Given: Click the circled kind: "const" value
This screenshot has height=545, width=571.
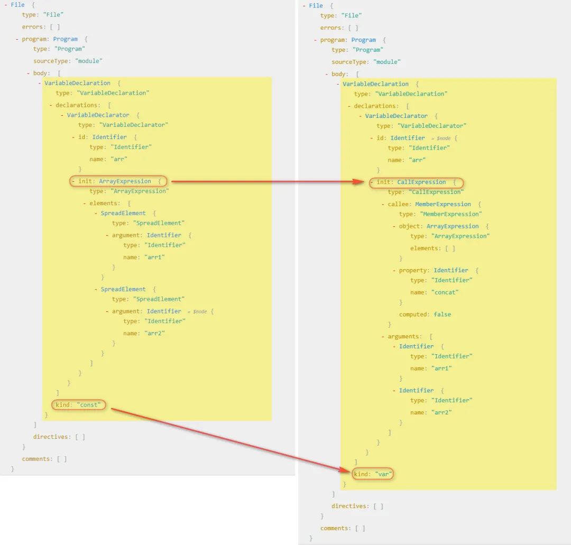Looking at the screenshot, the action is click(x=78, y=405).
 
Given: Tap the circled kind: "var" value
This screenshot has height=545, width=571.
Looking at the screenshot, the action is click(x=373, y=474).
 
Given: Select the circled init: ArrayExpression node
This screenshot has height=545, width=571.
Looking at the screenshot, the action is click(x=118, y=181).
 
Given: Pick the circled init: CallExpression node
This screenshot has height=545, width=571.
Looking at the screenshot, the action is click(x=416, y=182).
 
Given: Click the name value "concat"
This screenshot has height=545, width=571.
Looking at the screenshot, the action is click(x=445, y=292).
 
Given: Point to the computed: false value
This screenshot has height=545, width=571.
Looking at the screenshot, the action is click(x=425, y=314).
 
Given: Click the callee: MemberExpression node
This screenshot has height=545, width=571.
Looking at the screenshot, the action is click(x=429, y=204).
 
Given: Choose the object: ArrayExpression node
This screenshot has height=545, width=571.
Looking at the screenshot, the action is click(x=439, y=226).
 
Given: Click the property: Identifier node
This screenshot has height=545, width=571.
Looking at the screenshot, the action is click(x=434, y=270).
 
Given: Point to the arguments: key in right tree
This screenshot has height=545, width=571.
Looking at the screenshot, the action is click(x=404, y=336).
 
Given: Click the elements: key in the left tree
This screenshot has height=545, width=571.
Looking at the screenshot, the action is click(x=105, y=203).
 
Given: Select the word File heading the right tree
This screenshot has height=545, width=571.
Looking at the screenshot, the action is click(x=316, y=5).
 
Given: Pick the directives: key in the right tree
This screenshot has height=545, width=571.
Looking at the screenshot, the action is click(x=350, y=506).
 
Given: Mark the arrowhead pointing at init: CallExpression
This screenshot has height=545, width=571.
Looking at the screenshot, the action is click(x=358, y=182).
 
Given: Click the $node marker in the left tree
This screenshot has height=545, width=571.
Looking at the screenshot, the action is click(x=200, y=312).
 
